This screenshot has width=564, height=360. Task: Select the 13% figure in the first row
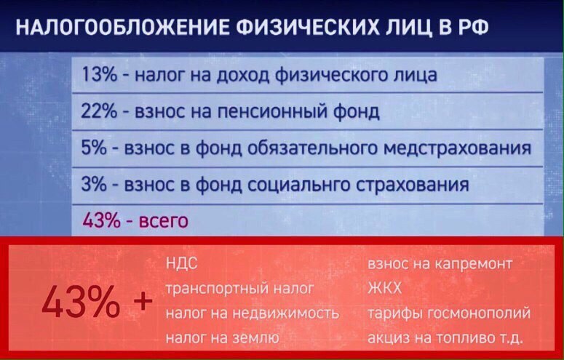pyautogui.click(x=100, y=75)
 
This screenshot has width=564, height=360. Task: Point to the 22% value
pyautogui.click(x=99, y=111)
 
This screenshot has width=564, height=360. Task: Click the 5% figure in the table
pyautogui.click(x=94, y=148)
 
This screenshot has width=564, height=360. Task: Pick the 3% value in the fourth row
pyautogui.click(x=94, y=185)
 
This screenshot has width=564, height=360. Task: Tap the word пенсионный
pyautogui.click(x=271, y=111)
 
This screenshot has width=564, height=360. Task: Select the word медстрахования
pyautogui.click(x=457, y=148)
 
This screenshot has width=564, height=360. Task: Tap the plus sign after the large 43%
pyautogui.click(x=143, y=301)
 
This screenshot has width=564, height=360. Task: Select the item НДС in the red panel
pyautogui.click(x=182, y=263)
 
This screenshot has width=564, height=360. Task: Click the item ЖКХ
pyautogui.click(x=384, y=288)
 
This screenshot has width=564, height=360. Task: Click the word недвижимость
pyautogui.click(x=286, y=313)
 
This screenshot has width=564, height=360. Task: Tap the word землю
pyautogui.click(x=256, y=338)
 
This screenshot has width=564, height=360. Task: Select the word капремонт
pyautogui.click(x=473, y=264)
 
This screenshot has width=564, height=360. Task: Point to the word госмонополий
pyautogui.click(x=479, y=313)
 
